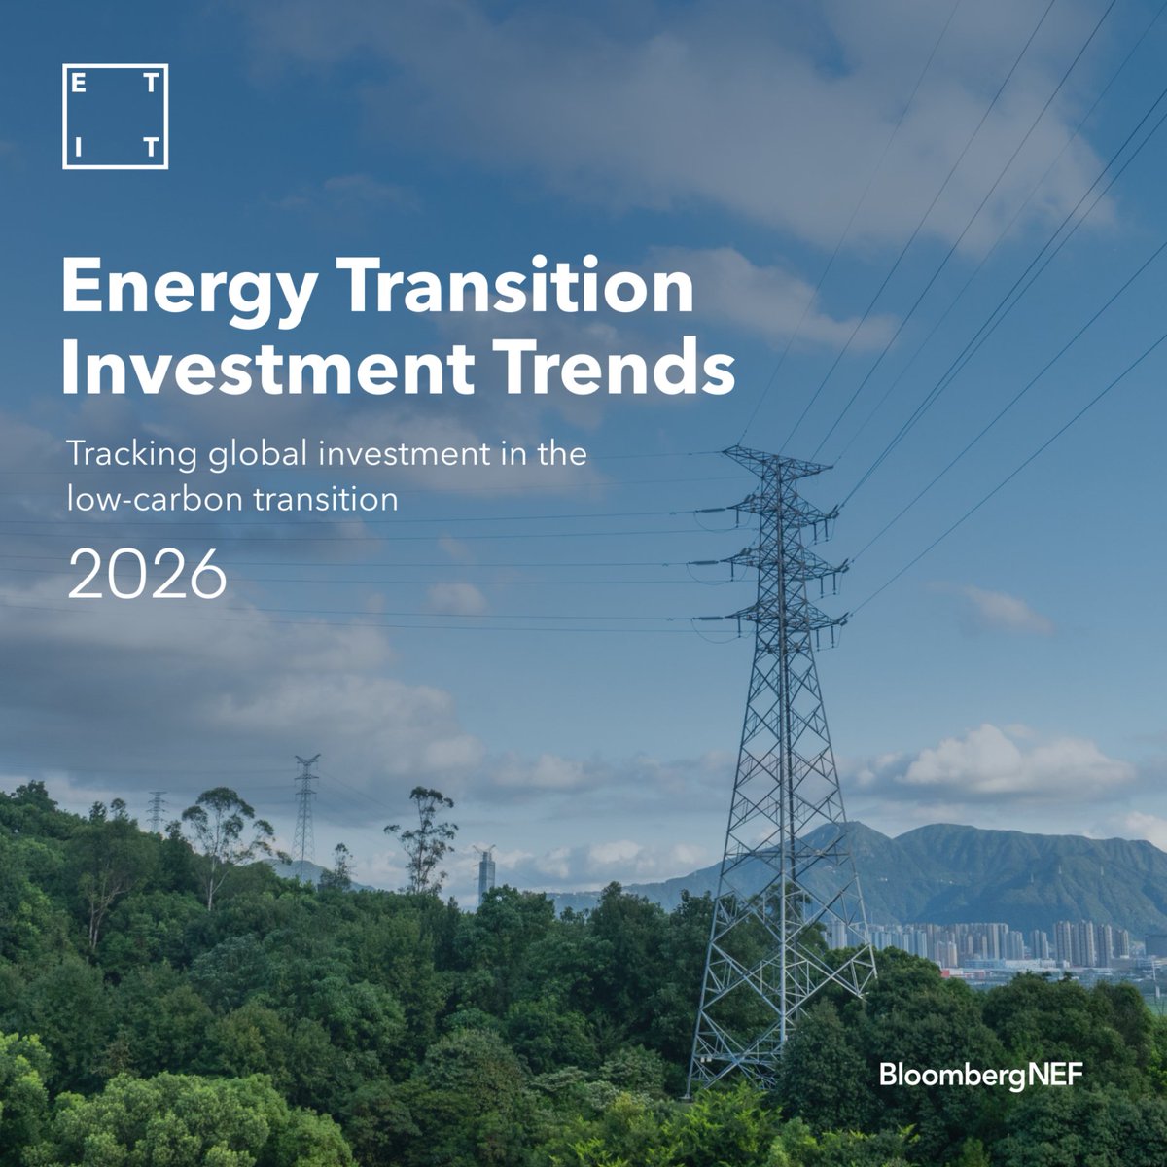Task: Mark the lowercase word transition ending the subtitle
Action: click(324, 499)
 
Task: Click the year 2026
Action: click(147, 577)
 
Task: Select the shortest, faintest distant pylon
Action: click(157, 812)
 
